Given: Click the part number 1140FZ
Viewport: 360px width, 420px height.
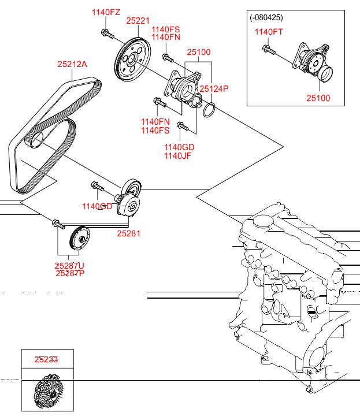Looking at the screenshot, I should [x=106, y=12].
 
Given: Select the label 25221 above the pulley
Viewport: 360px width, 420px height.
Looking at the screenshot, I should [x=138, y=21].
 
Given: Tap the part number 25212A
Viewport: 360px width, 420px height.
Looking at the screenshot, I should [x=72, y=65].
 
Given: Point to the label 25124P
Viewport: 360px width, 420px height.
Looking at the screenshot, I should [x=214, y=89].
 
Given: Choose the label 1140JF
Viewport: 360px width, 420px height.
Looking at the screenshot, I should [x=177, y=156].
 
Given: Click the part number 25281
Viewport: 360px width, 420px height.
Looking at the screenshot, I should [x=128, y=233].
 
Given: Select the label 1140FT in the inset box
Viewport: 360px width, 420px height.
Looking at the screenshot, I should [x=269, y=32].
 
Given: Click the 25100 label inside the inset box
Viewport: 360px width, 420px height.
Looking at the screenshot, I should [x=318, y=98].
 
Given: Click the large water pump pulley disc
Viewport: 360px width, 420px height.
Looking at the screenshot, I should [x=131, y=59].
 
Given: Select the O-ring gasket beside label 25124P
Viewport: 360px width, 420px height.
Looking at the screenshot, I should [x=210, y=109].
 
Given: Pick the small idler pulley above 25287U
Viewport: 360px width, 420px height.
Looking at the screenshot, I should [x=77, y=238].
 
